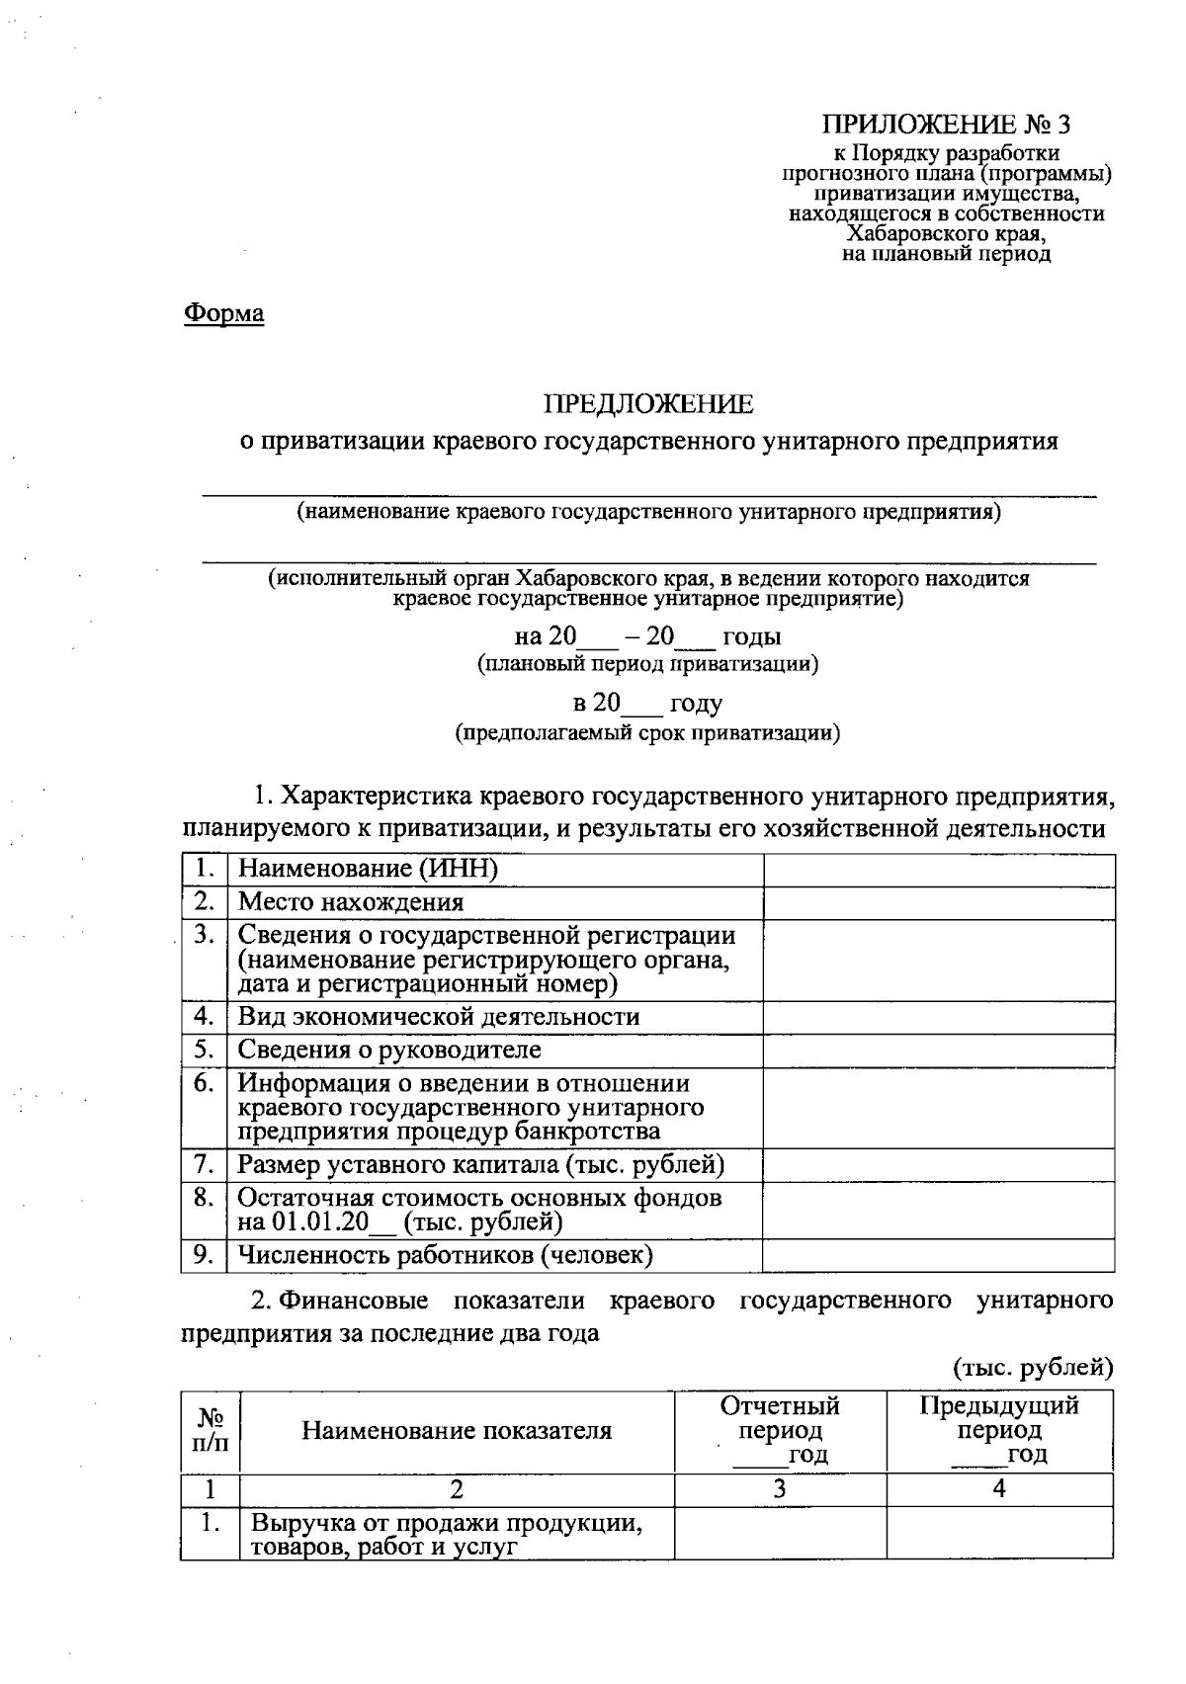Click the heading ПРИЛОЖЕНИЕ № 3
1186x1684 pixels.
click(946, 125)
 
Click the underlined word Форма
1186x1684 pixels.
click(224, 314)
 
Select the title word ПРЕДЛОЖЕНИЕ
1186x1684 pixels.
click(648, 404)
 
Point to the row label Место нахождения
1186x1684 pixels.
click(351, 902)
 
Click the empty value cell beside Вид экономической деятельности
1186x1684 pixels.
click(938, 1017)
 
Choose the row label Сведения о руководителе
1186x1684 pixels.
click(389, 1050)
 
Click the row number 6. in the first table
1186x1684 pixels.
click(204, 1083)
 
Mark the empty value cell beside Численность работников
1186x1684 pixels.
click(938, 1255)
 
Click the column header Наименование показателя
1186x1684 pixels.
click(457, 1431)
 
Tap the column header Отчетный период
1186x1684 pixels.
click(780, 1418)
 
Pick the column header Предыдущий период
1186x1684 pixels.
click(999, 1418)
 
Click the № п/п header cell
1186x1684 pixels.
click(210, 1431)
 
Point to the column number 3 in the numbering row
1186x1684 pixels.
click(780, 1489)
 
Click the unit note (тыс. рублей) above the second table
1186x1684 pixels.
click(1033, 1368)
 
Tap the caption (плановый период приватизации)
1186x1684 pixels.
click(647, 664)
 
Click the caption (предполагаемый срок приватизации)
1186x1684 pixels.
click(647, 733)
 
